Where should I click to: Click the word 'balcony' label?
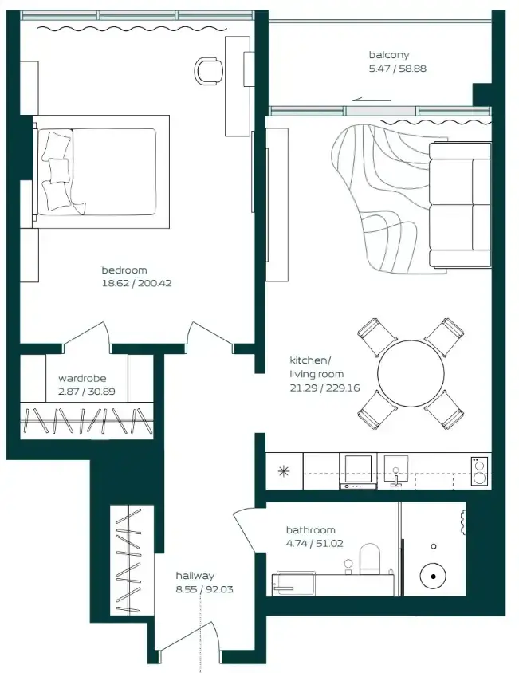[x=389, y=55]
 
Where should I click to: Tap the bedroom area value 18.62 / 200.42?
[x=136, y=283]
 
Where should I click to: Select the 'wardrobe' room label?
[x=82, y=378]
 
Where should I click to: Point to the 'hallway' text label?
[x=195, y=576]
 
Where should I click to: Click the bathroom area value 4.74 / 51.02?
[x=315, y=543]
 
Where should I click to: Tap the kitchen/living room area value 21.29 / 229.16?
[x=324, y=388]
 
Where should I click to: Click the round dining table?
[x=411, y=373]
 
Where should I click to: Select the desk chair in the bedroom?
[x=209, y=69]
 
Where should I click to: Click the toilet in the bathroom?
[x=370, y=559]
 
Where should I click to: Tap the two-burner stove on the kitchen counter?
[x=479, y=471]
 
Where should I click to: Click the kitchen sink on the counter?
[x=395, y=470]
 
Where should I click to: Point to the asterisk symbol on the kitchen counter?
[x=284, y=471]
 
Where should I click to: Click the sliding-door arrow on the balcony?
[x=372, y=100]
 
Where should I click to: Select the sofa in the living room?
[x=460, y=205]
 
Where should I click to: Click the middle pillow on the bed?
[x=59, y=171]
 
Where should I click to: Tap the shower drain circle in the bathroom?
[x=433, y=576]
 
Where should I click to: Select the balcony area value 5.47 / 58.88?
[x=398, y=69]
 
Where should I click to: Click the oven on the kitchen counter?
[x=358, y=470]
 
